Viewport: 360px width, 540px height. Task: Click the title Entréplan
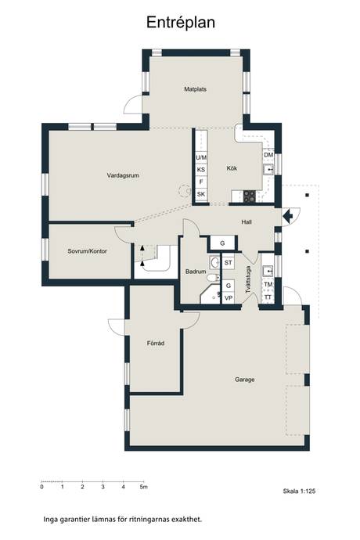pyautogui.click(x=181, y=23)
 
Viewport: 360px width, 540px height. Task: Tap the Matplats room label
pyautogui.click(x=196, y=89)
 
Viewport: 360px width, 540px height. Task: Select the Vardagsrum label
pyautogui.click(x=123, y=175)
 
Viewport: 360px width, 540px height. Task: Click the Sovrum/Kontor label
pyautogui.click(x=87, y=251)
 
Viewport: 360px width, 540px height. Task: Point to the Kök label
pyautogui.click(x=232, y=168)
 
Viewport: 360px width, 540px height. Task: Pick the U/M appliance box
pyautogui.click(x=201, y=157)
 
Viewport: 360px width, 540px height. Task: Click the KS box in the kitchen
pyautogui.click(x=201, y=170)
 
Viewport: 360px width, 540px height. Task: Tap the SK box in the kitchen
pyautogui.click(x=201, y=194)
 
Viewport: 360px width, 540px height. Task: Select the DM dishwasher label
pyautogui.click(x=268, y=155)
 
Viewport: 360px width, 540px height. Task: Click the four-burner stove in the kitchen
pyautogui.click(x=250, y=196)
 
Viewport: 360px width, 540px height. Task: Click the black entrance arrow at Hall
pyautogui.click(x=287, y=216)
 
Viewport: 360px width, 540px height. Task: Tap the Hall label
pyautogui.click(x=247, y=222)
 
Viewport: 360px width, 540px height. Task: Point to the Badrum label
pyautogui.click(x=196, y=272)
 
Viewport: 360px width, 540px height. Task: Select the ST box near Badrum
pyautogui.click(x=228, y=263)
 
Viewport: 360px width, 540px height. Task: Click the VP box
pyautogui.click(x=228, y=298)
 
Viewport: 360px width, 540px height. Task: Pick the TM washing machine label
pyautogui.click(x=268, y=284)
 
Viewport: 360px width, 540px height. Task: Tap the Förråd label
pyautogui.click(x=156, y=343)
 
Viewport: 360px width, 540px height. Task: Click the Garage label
pyautogui.click(x=245, y=380)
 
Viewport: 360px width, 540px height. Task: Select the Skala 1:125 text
pyautogui.click(x=299, y=491)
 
